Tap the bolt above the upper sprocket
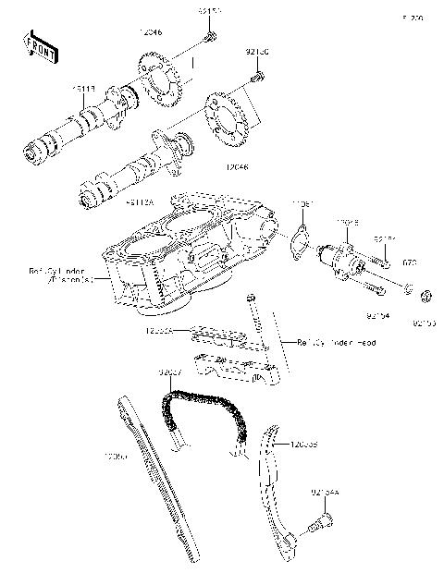[210, 38]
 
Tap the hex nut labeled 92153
[427, 297]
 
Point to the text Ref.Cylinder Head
[323, 342]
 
